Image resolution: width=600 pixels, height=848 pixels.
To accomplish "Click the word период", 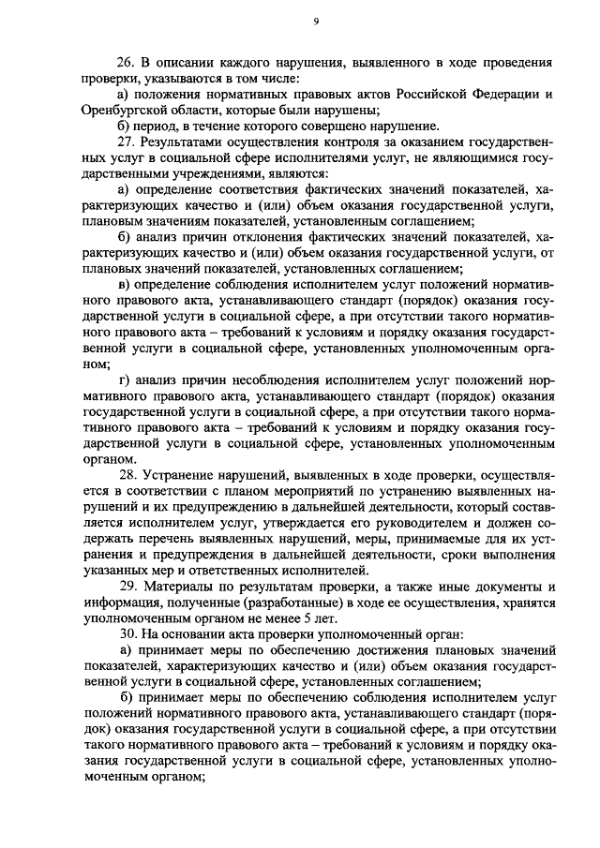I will [x=157, y=126].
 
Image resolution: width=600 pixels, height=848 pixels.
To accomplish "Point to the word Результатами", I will [x=182, y=141].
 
